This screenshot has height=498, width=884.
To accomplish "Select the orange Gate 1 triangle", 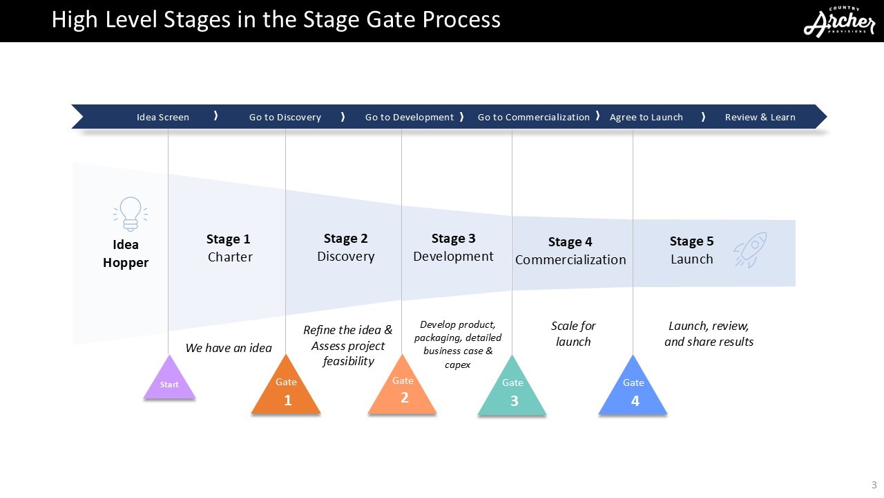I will (x=286, y=391).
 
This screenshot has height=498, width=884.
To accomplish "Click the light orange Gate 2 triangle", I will (x=403, y=390).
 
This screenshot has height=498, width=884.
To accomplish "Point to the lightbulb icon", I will (x=130, y=214).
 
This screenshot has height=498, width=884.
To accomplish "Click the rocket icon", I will (x=750, y=249).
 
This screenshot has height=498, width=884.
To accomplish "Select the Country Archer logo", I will (x=839, y=22).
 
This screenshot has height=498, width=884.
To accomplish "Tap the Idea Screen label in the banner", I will (x=163, y=117).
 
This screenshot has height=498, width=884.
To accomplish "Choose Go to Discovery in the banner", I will (x=285, y=117).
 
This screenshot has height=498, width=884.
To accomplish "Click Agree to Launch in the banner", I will (x=646, y=117).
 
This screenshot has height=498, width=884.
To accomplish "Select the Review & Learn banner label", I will (x=760, y=117).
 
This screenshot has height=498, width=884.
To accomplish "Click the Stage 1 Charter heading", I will (x=229, y=248).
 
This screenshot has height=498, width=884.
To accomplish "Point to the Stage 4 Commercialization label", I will (x=570, y=251).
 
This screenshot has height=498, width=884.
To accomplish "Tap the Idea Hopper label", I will (x=126, y=254).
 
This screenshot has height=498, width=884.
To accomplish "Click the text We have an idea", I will (x=229, y=348).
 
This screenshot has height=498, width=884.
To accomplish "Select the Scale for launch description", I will (x=573, y=333).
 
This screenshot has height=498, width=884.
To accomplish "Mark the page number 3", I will (x=874, y=485).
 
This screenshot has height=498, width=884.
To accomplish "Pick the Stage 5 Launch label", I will (x=691, y=250).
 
